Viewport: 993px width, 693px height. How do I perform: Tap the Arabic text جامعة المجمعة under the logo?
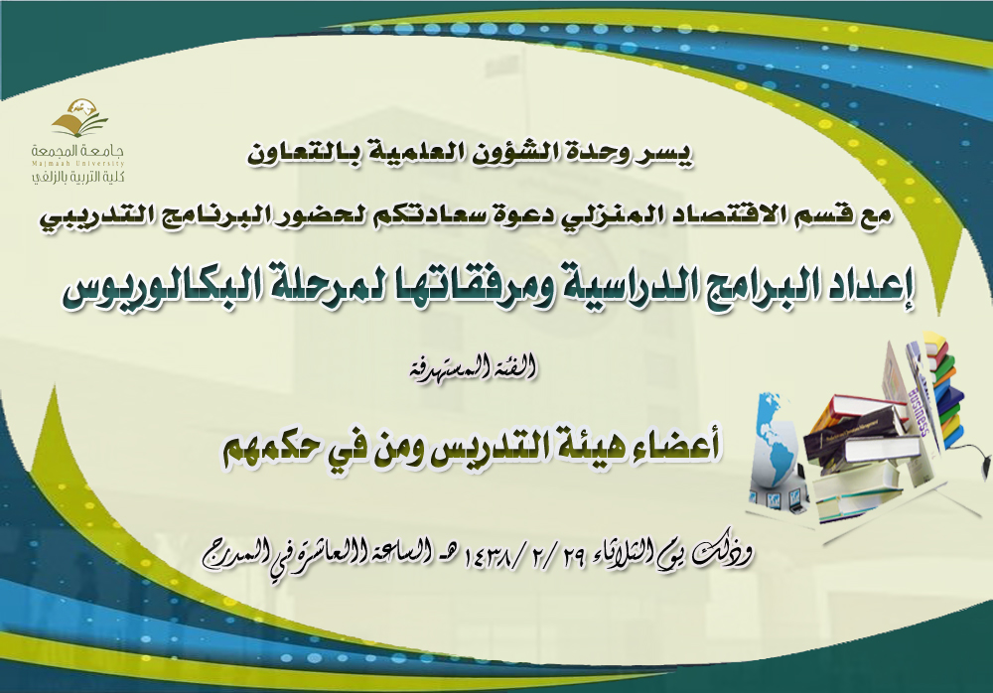[x=78, y=151]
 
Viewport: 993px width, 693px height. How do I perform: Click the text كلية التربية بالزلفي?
[x=78, y=176]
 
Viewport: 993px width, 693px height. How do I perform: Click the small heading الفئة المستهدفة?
[x=473, y=368]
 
